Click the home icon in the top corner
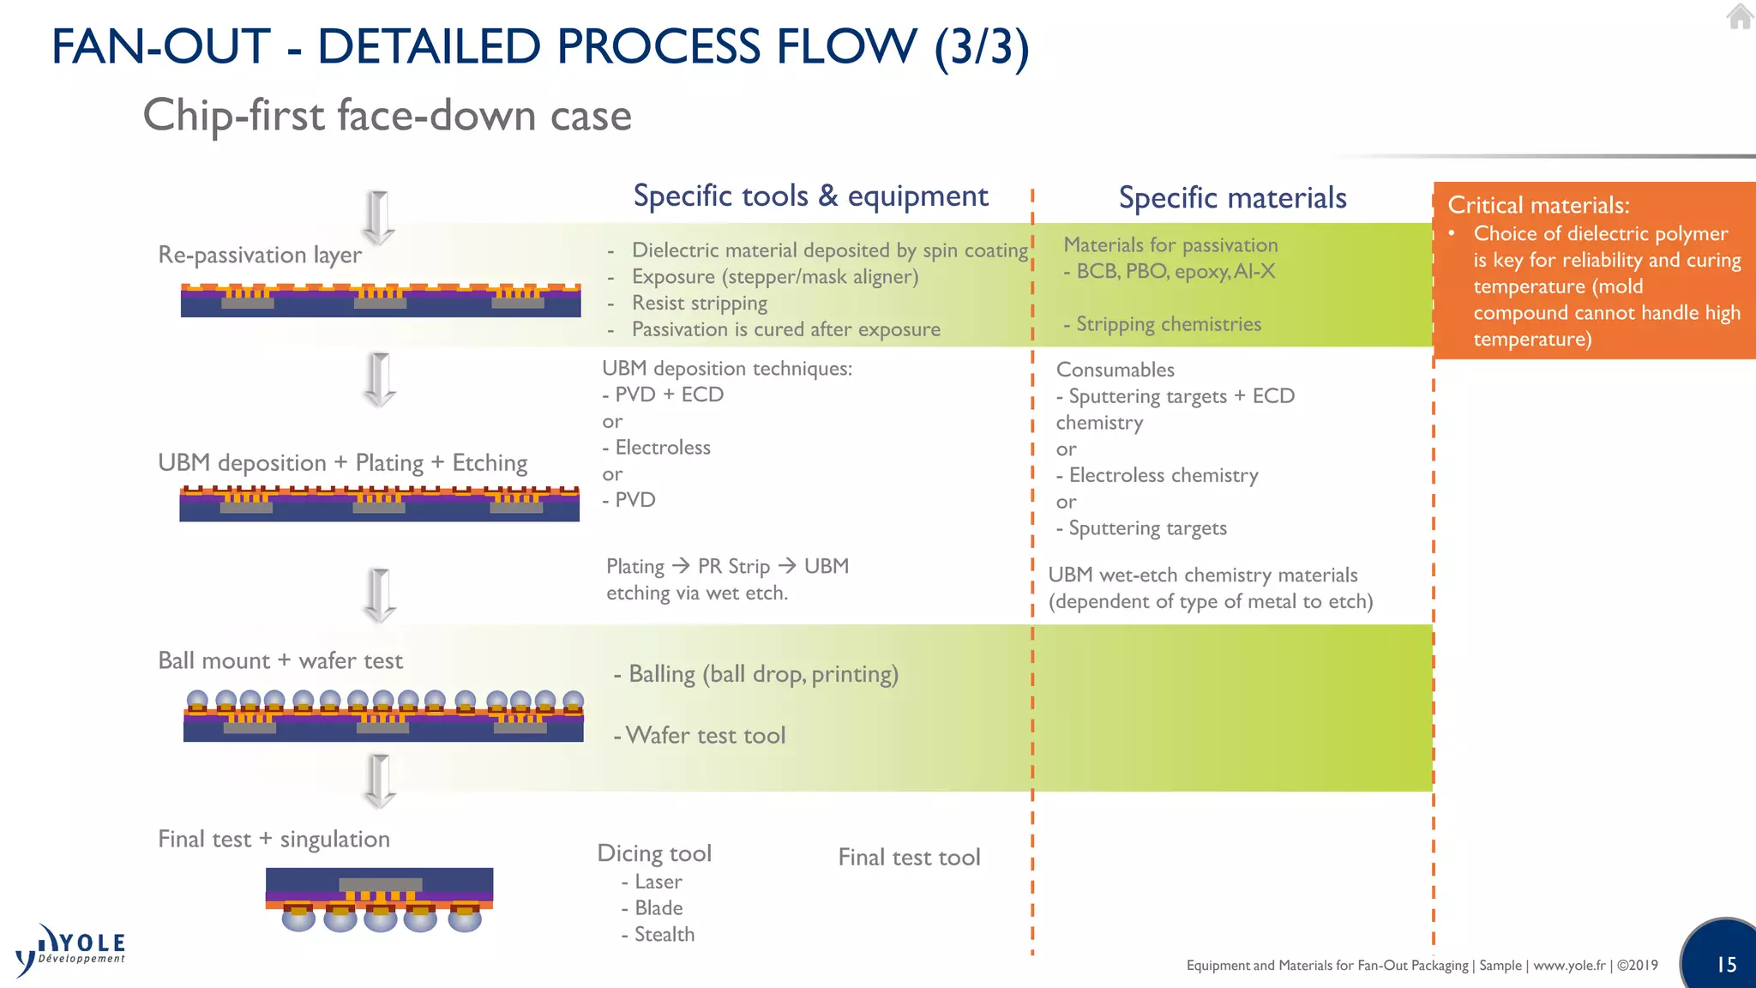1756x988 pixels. coord(1740,17)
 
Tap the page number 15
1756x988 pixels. coord(1726,965)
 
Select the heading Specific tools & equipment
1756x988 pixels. coord(810,196)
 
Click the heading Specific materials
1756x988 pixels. coord(1232,198)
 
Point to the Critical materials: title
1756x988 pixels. coord(1538,206)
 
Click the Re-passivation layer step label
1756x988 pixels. coord(260,255)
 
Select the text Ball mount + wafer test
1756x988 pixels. coord(280,660)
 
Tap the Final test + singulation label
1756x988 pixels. coord(274,839)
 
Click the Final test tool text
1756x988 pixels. coord(909,858)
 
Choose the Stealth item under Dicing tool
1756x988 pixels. coord(663,935)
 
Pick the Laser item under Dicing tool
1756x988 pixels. coord(658,882)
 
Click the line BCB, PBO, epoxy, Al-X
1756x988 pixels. coord(1175,272)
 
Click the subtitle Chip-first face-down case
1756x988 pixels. coord(387,116)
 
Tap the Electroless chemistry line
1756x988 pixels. coord(1163,475)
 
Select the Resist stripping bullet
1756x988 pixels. coord(699,304)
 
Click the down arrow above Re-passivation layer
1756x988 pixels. coord(378,217)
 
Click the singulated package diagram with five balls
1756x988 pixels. coord(380,900)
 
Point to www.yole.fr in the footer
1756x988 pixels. coord(1569,966)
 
